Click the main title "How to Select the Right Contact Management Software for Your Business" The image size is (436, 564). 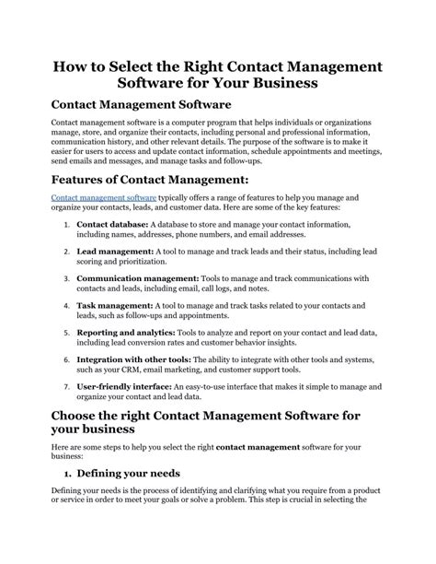coord(217,73)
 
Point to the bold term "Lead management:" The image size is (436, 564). coord(110,251)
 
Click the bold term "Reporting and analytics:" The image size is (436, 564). coord(127,331)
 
